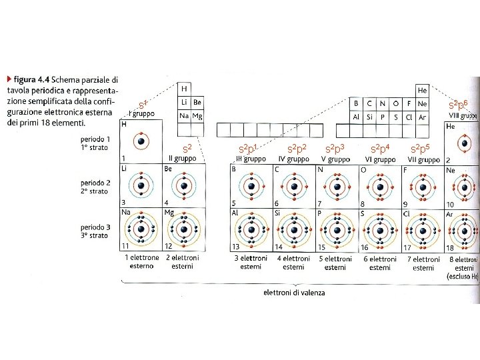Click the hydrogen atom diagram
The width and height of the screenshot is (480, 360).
(141, 142)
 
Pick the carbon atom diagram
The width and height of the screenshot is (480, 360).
(293, 187)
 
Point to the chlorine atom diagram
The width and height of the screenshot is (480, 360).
(423, 230)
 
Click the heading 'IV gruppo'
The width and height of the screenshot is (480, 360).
(293, 159)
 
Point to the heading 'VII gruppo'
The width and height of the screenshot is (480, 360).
(423, 159)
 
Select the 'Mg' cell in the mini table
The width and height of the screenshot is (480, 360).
(197, 115)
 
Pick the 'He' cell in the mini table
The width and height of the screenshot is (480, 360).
(421, 90)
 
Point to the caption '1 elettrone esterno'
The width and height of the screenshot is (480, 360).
(141, 261)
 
